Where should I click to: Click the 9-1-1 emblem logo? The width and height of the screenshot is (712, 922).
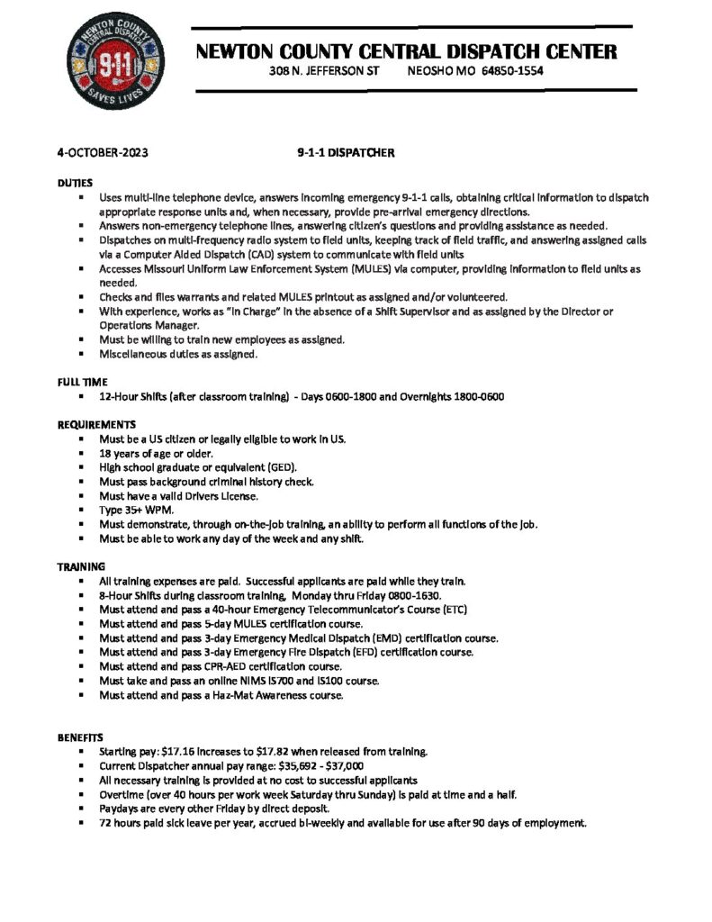[x=109, y=68]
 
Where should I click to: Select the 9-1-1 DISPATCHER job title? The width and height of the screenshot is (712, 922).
[x=347, y=153]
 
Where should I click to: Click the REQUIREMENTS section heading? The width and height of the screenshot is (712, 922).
[x=97, y=423]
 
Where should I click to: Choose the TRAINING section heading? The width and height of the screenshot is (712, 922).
[x=82, y=566]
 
